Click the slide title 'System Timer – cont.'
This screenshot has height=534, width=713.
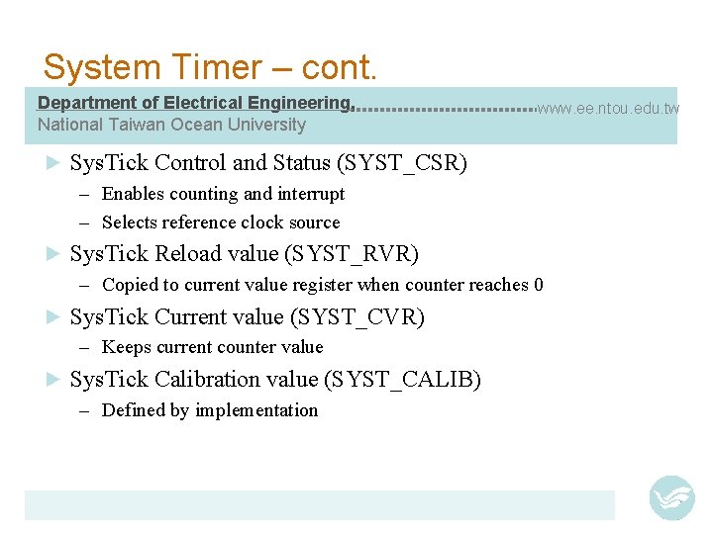tap(210, 67)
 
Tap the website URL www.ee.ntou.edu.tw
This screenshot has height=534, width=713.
tap(608, 108)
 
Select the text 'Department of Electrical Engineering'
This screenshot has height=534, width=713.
tap(194, 103)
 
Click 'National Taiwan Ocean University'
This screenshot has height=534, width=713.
tap(171, 125)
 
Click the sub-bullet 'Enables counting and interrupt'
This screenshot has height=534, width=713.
tap(223, 194)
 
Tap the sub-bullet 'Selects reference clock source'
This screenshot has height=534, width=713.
tap(221, 222)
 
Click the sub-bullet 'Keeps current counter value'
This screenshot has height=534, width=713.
tap(212, 347)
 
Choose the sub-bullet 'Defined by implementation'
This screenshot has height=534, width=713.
tap(210, 410)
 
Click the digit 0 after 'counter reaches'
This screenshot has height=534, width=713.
tap(539, 285)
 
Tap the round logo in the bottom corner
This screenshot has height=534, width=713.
tap(671, 497)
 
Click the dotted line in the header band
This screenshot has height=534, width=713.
tap(446, 108)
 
